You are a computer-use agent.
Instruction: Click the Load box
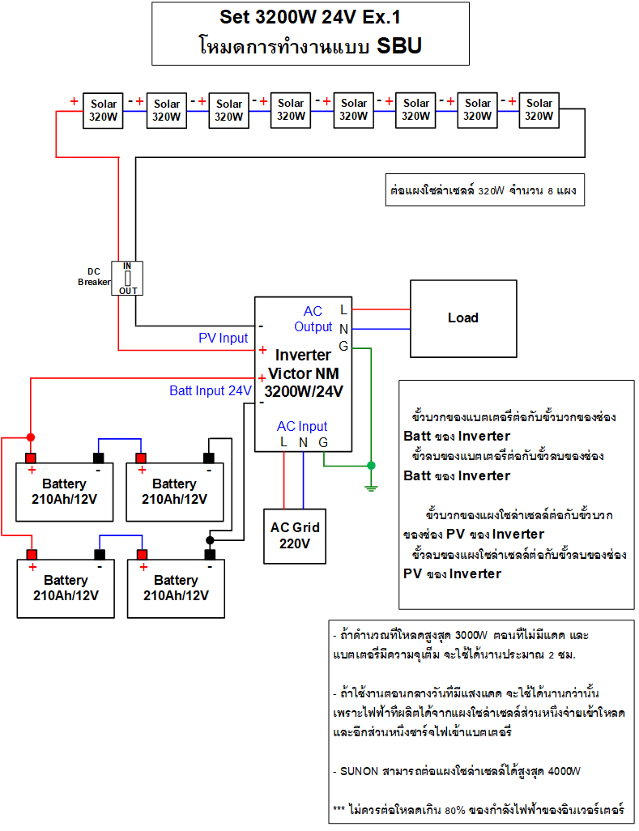click(x=463, y=318)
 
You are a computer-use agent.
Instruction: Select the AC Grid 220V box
click(x=295, y=535)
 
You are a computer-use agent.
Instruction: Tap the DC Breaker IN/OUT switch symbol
click(x=127, y=278)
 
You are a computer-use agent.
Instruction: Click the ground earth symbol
click(x=371, y=487)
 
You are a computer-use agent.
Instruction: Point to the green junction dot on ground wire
click(x=371, y=466)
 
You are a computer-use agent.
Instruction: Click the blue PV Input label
click(x=224, y=338)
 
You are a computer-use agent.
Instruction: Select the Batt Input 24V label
click(x=210, y=390)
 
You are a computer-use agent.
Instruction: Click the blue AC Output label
click(x=313, y=319)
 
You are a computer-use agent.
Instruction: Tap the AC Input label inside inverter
click(x=302, y=426)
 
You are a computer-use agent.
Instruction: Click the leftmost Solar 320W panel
click(x=104, y=110)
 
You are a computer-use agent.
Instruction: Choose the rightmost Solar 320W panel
click(x=539, y=110)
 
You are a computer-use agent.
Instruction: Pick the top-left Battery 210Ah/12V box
click(x=65, y=491)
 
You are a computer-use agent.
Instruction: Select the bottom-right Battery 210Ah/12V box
click(x=176, y=588)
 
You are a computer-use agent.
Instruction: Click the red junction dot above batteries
click(x=31, y=437)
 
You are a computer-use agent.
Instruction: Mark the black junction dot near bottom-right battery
click(x=210, y=539)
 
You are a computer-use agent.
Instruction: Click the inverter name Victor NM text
click(x=304, y=373)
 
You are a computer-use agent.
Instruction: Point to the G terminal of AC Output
click(x=343, y=346)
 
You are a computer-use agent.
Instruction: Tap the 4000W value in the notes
click(x=564, y=771)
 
